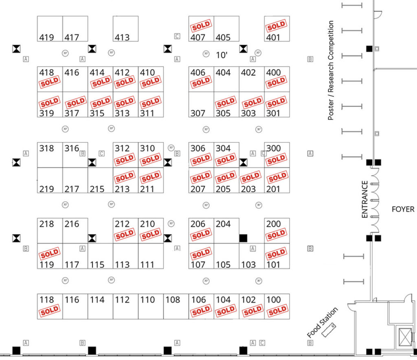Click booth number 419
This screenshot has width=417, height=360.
pyautogui.click(x=46, y=38)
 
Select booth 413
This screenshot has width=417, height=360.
pyautogui.click(x=122, y=38)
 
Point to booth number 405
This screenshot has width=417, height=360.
pyautogui.click(x=223, y=38)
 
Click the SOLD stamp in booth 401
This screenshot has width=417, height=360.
pyautogui.click(x=277, y=27)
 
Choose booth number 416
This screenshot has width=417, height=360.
pyautogui.click(x=72, y=73)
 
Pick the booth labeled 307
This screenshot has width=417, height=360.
pyautogui.click(x=198, y=113)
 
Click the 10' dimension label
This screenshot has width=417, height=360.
pyautogui.click(x=222, y=55)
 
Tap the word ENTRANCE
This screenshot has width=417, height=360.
pyautogui.click(x=365, y=199)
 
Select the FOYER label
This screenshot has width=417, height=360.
pyautogui.click(x=403, y=209)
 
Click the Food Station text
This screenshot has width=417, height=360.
pyautogui.click(x=323, y=322)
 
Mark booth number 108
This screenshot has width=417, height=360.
pyautogui.click(x=173, y=300)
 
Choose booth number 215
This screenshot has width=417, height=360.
pyautogui.click(x=97, y=189)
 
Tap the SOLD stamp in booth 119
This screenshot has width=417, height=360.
pyautogui.click(x=49, y=254)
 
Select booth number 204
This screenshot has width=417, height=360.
pyautogui.click(x=223, y=224)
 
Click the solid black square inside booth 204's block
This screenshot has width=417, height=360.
pyautogui.click(x=243, y=238)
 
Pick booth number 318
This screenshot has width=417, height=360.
pyautogui.click(x=46, y=148)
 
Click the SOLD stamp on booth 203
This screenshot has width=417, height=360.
pyautogui.click(x=250, y=177)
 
